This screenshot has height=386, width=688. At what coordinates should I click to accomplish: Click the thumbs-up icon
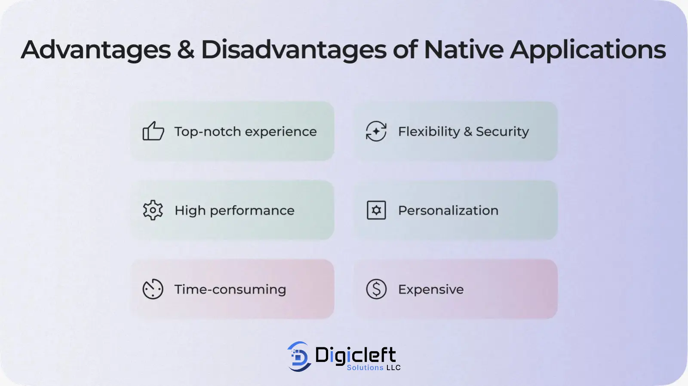[153, 131]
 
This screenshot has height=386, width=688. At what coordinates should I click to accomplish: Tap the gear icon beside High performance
[153, 210]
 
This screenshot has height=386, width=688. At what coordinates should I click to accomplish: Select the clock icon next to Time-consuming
[153, 289]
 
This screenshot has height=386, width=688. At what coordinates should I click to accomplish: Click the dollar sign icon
[376, 289]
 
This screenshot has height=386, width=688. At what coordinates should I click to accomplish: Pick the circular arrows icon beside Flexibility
[376, 131]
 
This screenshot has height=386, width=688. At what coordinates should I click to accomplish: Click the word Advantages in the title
[95, 50]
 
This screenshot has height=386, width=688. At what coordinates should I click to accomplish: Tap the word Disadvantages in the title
[293, 50]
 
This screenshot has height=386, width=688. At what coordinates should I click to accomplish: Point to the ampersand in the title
[186, 49]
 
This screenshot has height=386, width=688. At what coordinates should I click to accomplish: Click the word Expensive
[431, 289]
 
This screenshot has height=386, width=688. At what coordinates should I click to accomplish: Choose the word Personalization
[448, 210]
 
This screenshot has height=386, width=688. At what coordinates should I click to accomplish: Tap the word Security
[502, 132]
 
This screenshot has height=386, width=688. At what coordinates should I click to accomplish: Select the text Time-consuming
[230, 289]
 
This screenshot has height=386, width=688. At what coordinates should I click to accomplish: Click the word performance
[252, 211]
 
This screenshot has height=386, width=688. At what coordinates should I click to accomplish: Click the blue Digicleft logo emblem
[299, 356]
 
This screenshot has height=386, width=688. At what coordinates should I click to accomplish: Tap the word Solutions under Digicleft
[365, 367]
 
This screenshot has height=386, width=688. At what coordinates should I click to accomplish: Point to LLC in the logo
[393, 367]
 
